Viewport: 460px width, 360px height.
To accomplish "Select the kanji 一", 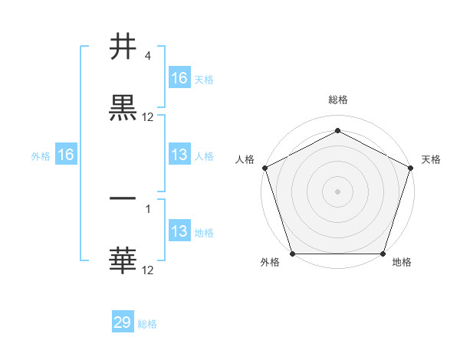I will click(x=123, y=198).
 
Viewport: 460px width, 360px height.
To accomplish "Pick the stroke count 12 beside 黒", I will click(x=148, y=117).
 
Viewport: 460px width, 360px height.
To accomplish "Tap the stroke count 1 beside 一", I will click(x=148, y=207).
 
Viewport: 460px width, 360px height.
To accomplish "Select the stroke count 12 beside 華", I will click(x=148, y=270).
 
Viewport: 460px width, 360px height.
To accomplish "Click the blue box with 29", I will click(x=123, y=322).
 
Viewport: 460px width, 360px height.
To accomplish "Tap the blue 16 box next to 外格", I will click(x=66, y=155).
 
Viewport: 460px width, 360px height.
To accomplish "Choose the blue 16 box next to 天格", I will click(x=179, y=77).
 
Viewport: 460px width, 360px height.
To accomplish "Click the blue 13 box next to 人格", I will click(x=179, y=155).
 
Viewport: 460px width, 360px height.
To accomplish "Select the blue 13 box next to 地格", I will click(x=179, y=231).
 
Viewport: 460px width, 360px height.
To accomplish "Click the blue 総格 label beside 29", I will click(x=147, y=324).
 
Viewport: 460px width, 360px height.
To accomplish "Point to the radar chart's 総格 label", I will click(x=337, y=100).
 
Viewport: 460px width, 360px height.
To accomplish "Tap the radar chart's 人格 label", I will click(x=245, y=159).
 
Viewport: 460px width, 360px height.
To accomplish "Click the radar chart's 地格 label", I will click(x=401, y=262).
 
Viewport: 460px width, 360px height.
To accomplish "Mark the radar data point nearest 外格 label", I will click(x=292, y=254).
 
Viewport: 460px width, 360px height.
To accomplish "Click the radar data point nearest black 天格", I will click(x=411, y=167).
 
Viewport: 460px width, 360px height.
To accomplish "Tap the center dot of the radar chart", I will click(x=337, y=191).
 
